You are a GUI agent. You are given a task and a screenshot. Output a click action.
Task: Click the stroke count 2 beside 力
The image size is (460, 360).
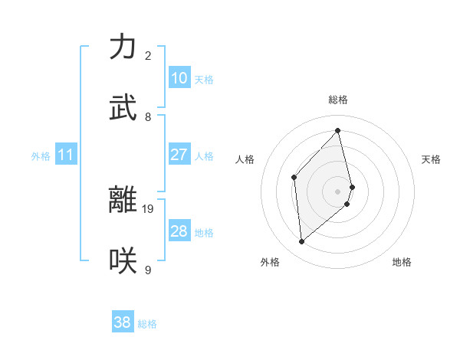tap(148, 56)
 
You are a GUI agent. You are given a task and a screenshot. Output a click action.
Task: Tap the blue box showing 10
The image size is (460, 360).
tap(179, 78)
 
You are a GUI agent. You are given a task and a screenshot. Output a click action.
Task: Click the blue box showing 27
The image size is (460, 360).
tap(179, 155)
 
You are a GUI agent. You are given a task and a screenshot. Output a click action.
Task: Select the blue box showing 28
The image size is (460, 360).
tap(179, 231)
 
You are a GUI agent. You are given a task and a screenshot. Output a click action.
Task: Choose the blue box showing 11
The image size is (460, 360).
tap(66, 155)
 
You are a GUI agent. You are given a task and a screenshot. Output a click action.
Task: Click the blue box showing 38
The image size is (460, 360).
tap(123, 322)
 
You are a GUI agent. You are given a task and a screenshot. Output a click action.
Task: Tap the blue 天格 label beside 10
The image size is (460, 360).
tap(204, 79)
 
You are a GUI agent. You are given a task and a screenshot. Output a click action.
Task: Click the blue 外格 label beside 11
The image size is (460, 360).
tap(41, 156)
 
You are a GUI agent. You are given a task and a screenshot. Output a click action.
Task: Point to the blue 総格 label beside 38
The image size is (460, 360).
tap(147, 324)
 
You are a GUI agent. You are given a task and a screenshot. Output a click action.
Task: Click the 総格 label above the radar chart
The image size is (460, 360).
tap(338, 100)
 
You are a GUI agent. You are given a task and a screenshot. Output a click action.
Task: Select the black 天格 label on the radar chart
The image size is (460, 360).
tap(432, 159)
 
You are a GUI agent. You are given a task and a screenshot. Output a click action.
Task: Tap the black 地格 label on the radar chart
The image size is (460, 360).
tap(402, 262)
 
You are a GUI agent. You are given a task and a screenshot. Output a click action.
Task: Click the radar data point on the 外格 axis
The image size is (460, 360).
tap(302, 242)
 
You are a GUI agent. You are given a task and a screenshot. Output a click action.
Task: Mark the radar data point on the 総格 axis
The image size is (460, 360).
tap(338, 130)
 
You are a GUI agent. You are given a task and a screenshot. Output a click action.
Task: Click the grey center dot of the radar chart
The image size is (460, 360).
tap(338, 190)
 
